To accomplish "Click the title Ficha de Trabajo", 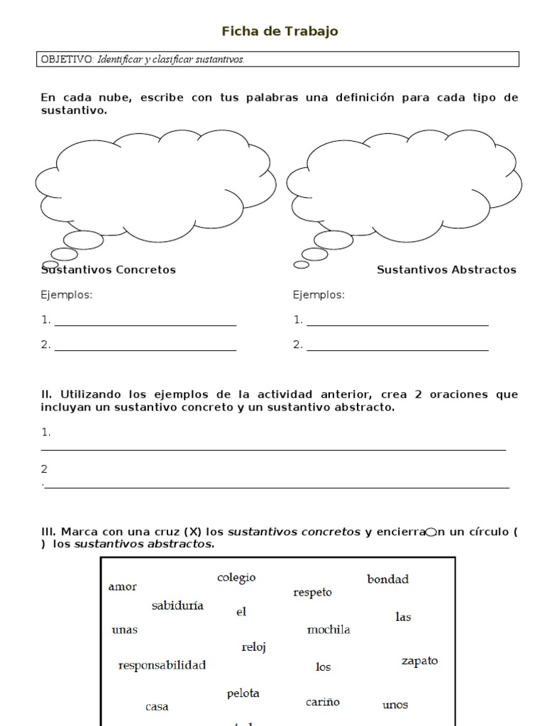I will tap(280, 30).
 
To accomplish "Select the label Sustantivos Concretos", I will tap(109, 269).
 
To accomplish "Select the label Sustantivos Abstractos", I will tap(446, 269).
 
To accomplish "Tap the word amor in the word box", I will tap(122, 586).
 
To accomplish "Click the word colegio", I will tap(236, 578).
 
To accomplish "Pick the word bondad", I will tap(387, 579).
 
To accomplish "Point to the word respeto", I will tap(312, 592).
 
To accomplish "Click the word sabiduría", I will tap(177, 605).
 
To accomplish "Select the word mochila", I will tap(328, 630).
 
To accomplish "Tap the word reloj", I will tap(253, 647).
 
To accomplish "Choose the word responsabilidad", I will tap(162, 665).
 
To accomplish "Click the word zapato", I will tap(419, 661).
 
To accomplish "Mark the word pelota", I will tap(243, 693).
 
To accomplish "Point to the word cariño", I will tap(323, 702).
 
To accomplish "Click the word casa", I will tap(157, 707).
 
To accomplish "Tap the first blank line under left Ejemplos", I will tap(145, 324).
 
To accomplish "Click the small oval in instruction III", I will tap(430, 532).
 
